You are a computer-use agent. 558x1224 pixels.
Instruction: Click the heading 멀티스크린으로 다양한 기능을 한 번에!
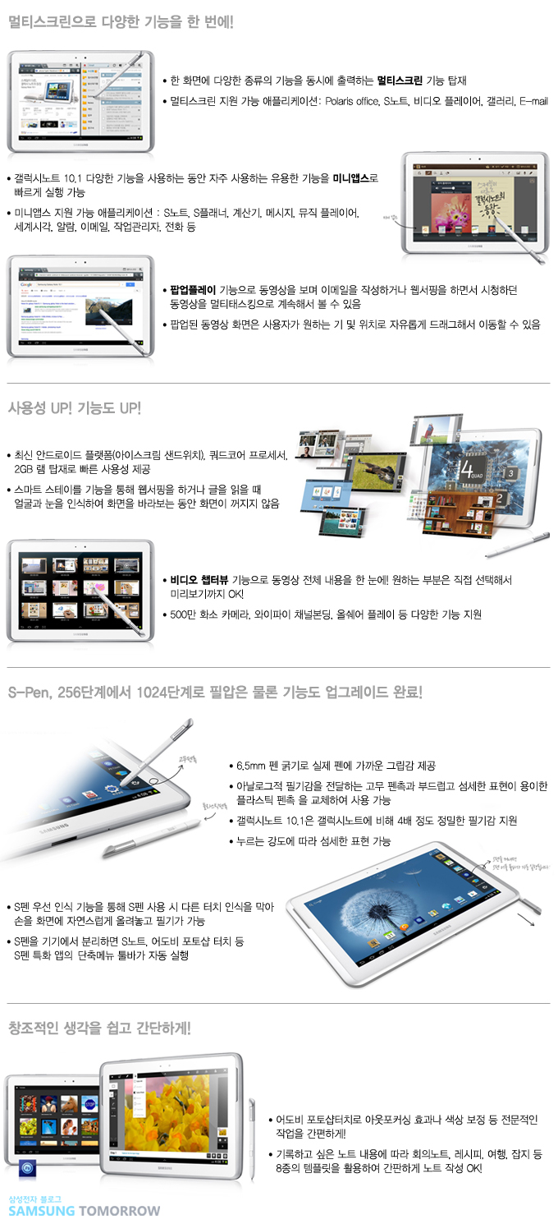(121, 22)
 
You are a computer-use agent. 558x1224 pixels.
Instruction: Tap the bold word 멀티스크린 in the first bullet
(400, 81)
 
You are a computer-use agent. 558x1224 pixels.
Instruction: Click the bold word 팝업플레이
(194, 290)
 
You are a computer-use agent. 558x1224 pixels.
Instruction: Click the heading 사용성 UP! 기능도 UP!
(75, 408)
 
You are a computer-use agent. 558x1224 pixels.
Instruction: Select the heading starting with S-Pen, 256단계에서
(215, 692)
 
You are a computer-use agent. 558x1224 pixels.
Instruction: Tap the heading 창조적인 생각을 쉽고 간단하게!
(99, 1027)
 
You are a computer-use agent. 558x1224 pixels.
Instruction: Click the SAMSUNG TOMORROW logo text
(85, 1211)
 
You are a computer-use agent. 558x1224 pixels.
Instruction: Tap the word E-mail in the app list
(533, 102)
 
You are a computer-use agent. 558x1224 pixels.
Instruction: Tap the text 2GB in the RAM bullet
(25, 469)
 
